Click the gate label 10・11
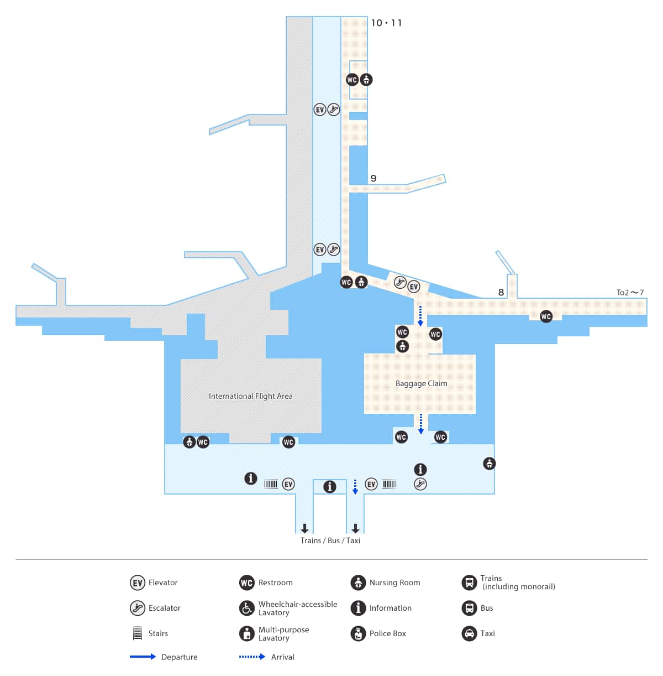[386, 23]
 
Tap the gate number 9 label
[373, 178]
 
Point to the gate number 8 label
[501, 292]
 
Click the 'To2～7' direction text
[630, 292]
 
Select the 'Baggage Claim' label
[421, 383]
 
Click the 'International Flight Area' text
[250, 396]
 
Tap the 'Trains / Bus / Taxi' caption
[330, 540]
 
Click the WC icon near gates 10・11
[352, 80]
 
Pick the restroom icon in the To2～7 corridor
[546, 317]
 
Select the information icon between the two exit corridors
[329, 487]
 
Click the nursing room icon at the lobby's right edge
[489, 464]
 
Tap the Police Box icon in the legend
[358, 633]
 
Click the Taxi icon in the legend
[469, 633]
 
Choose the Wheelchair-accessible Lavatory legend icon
[247, 608]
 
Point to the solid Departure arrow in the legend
[143, 657]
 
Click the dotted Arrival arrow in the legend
[252, 657]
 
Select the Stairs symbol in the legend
[138, 633]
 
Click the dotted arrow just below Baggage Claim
[421, 424]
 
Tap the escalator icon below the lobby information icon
[420, 484]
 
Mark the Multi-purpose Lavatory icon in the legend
[247, 633]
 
